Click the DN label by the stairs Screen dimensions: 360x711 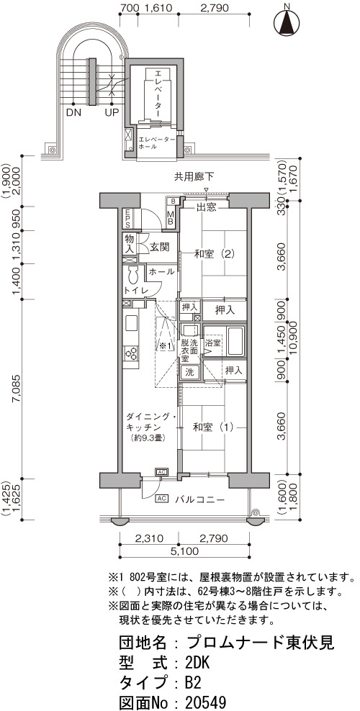point(73,112)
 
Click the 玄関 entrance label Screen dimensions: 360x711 point(160,247)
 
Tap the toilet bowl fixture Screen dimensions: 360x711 point(133,274)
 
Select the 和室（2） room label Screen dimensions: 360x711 point(214,254)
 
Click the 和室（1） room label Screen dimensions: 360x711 point(213,427)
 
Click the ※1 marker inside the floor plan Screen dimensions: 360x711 point(165,346)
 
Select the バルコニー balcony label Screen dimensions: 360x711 point(200,499)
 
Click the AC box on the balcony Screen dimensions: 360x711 point(161,499)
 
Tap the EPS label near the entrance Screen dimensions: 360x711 point(127,218)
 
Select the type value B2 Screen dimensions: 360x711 point(193,683)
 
